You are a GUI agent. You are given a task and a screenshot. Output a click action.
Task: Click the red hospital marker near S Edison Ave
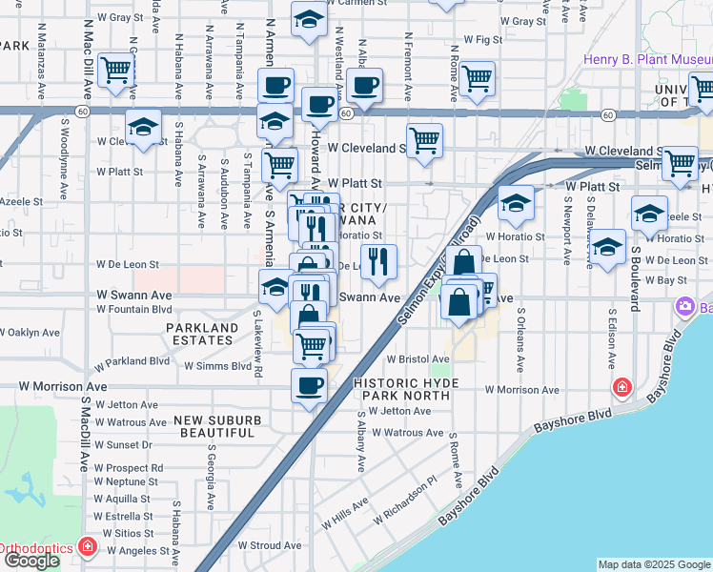point(621,387)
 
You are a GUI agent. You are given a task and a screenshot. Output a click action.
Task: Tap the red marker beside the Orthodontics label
point(88,546)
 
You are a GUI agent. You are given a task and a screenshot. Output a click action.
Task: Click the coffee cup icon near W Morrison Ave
point(309,386)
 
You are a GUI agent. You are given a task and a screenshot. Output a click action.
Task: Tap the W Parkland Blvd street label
point(132,362)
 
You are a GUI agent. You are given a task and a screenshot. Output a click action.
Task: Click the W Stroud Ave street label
point(269,545)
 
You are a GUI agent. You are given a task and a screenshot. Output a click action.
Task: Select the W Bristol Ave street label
point(417,358)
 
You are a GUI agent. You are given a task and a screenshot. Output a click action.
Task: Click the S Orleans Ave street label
point(520,338)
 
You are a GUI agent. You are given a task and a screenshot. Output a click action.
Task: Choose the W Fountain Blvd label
point(133,309)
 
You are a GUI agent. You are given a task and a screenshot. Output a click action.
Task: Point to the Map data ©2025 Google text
point(654,564)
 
